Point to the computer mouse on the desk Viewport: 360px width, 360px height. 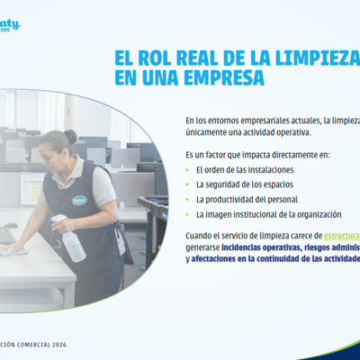click(x=11, y=226)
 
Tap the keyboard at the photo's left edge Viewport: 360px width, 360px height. click(x=5, y=237)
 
